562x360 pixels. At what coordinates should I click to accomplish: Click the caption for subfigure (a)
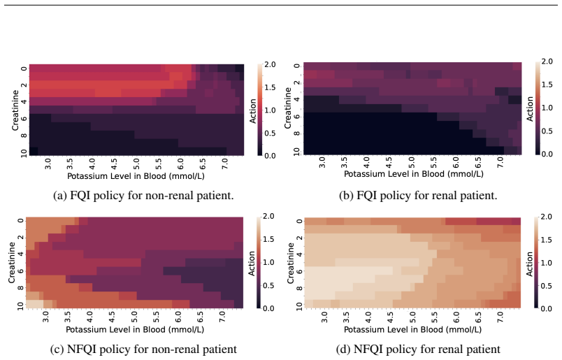pos(143,196)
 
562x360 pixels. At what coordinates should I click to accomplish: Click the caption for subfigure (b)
pos(418,196)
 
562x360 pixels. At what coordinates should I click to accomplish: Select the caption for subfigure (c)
pos(143,350)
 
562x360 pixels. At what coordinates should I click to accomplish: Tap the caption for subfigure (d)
pos(418,350)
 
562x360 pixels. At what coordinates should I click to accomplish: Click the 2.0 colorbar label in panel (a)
pos(270,64)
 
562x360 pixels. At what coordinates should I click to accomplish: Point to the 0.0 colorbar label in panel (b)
pos(547,154)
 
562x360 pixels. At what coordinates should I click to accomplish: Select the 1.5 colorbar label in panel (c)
pos(268,239)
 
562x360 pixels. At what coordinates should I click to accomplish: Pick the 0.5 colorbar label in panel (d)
pos(546,286)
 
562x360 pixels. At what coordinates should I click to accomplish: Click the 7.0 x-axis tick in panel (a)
pos(225,164)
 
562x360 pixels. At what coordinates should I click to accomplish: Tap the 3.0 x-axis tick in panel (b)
pos(322,162)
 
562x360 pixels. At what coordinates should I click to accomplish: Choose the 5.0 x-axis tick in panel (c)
pos(134,317)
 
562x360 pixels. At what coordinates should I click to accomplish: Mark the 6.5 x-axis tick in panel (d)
pos(478,317)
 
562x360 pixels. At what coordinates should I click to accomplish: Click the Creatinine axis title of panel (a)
pos(15,110)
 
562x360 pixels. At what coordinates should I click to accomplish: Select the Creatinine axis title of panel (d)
pos(290,264)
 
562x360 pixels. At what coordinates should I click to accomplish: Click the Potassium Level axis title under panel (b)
pos(414,174)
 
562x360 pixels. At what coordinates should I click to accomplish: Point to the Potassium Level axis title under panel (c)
pos(135,329)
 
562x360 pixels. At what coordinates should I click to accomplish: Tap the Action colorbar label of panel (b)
pos(530,109)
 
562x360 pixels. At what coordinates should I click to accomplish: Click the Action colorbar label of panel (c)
pos(252,264)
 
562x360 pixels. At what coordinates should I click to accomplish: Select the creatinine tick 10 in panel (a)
pos(24,154)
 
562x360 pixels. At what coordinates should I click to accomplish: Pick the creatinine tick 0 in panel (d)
pos(299,221)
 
